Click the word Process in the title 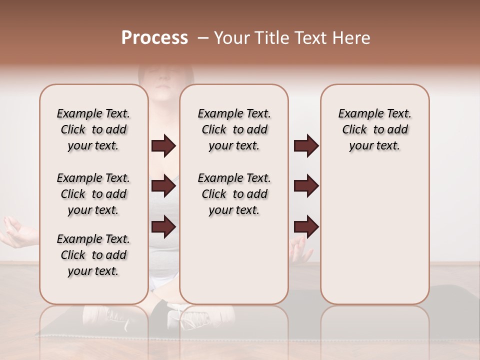[x=154, y=38]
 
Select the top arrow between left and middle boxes [x=163, y=145]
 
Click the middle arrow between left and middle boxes [x=163, y=186]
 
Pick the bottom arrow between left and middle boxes [x=163, y=226]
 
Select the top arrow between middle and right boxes [x=306, y=145]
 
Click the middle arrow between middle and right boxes [x=306, y=186]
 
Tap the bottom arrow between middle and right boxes [x=306, y=226]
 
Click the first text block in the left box [x=93, y=129]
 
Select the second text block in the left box [x=93, y=194]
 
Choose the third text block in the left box [x=93, y=255]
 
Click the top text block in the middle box [x=234, y=129]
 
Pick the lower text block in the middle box [x=234, y=194]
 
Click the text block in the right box [x=374, y=129]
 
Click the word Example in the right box [x=356, y=113]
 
